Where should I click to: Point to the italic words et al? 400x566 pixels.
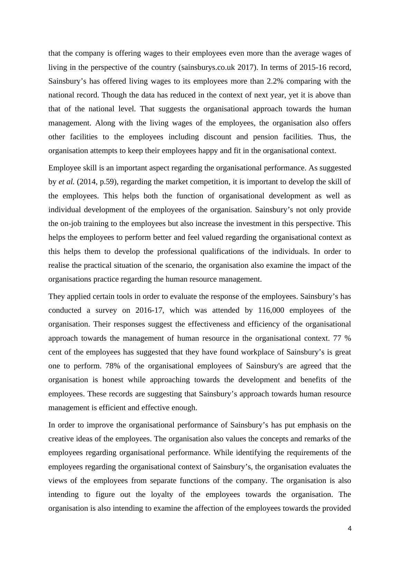point(67,182)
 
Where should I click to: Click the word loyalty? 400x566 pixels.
point(162,494)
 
